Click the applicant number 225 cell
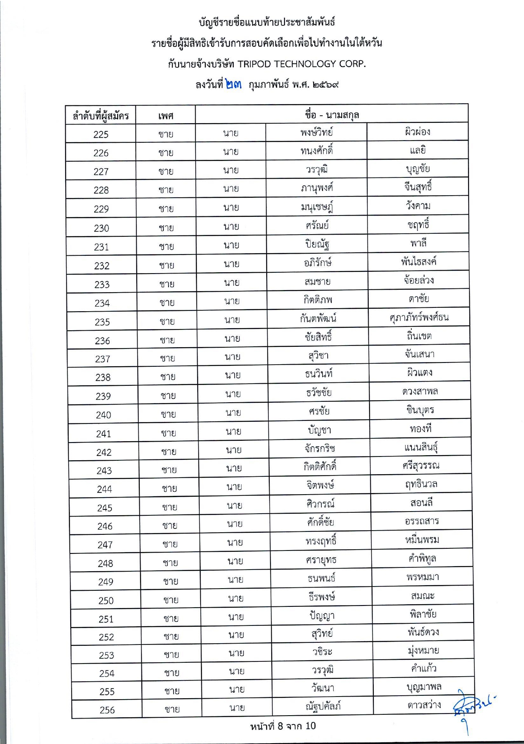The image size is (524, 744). pyautogui.click(x=101, y=134)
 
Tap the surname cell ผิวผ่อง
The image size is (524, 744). pyautogui.click(x=417, y=132)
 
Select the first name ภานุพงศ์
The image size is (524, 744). pyautogui.click(x=317, y=188)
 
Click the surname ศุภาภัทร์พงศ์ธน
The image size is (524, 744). pyautogui.click(x=419, y=317)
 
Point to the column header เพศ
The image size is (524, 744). pyautogui.click(x=166, y=116)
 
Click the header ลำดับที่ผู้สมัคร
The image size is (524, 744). pyautogui.click(x=101, y=116)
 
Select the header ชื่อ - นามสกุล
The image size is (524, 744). pyautogui.click(x=332, y=114)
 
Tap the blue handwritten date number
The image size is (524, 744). pyautogui.click(x=233, y=84)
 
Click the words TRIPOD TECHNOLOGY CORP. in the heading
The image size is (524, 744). pyautogui.click(x=301, y=64)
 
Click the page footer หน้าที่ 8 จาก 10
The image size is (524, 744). pyautogui.click(x=283, y=726)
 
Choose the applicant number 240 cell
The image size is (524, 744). pyautogui.click(x=103, y=415)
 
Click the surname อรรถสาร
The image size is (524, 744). pyautogui.click(x=422, y=521)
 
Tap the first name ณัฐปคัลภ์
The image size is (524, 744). pyautogui.click(x=323, y=706)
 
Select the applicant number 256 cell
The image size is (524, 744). pyautogui.click(x=107, y=710)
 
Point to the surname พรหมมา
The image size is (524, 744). pyautogui.click(x=422, y=577)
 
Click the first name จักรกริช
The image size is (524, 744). pyautogui.click(x=320, y=448)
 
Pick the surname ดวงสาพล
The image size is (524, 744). pyautogui.click(x=420, y=391)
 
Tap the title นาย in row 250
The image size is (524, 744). pyautogui.click(x=236, y=598)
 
